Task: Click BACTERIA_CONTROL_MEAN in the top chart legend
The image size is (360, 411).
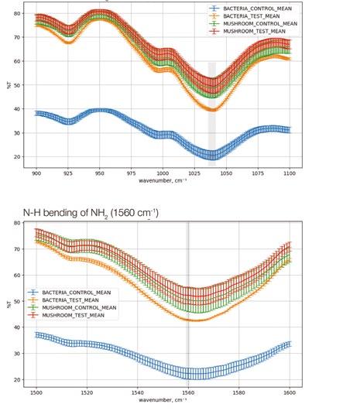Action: pos(257,9)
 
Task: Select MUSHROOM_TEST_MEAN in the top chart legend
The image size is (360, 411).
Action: pos(255,31)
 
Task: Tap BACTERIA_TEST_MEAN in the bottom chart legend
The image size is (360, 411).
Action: pos(70,300)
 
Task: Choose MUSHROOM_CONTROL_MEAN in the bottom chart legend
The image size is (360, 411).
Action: pos(79,307)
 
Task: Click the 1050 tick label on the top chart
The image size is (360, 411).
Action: pos(226,173)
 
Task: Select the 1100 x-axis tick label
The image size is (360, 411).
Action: pos(290,173)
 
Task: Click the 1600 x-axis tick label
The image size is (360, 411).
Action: pos(290,392)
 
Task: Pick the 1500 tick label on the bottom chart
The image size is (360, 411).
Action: pos(36,392)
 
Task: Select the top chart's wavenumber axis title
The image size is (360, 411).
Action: pos(163,180)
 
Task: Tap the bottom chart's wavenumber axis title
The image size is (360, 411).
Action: pos(163,400)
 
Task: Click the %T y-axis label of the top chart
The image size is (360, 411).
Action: pos(9,85)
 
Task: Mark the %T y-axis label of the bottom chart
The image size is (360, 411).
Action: pos(9,304)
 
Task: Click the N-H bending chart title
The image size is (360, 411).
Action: pos(91,213)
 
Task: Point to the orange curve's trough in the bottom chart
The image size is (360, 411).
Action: pos(197,320)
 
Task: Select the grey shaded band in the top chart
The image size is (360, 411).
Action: pos(212,114)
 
